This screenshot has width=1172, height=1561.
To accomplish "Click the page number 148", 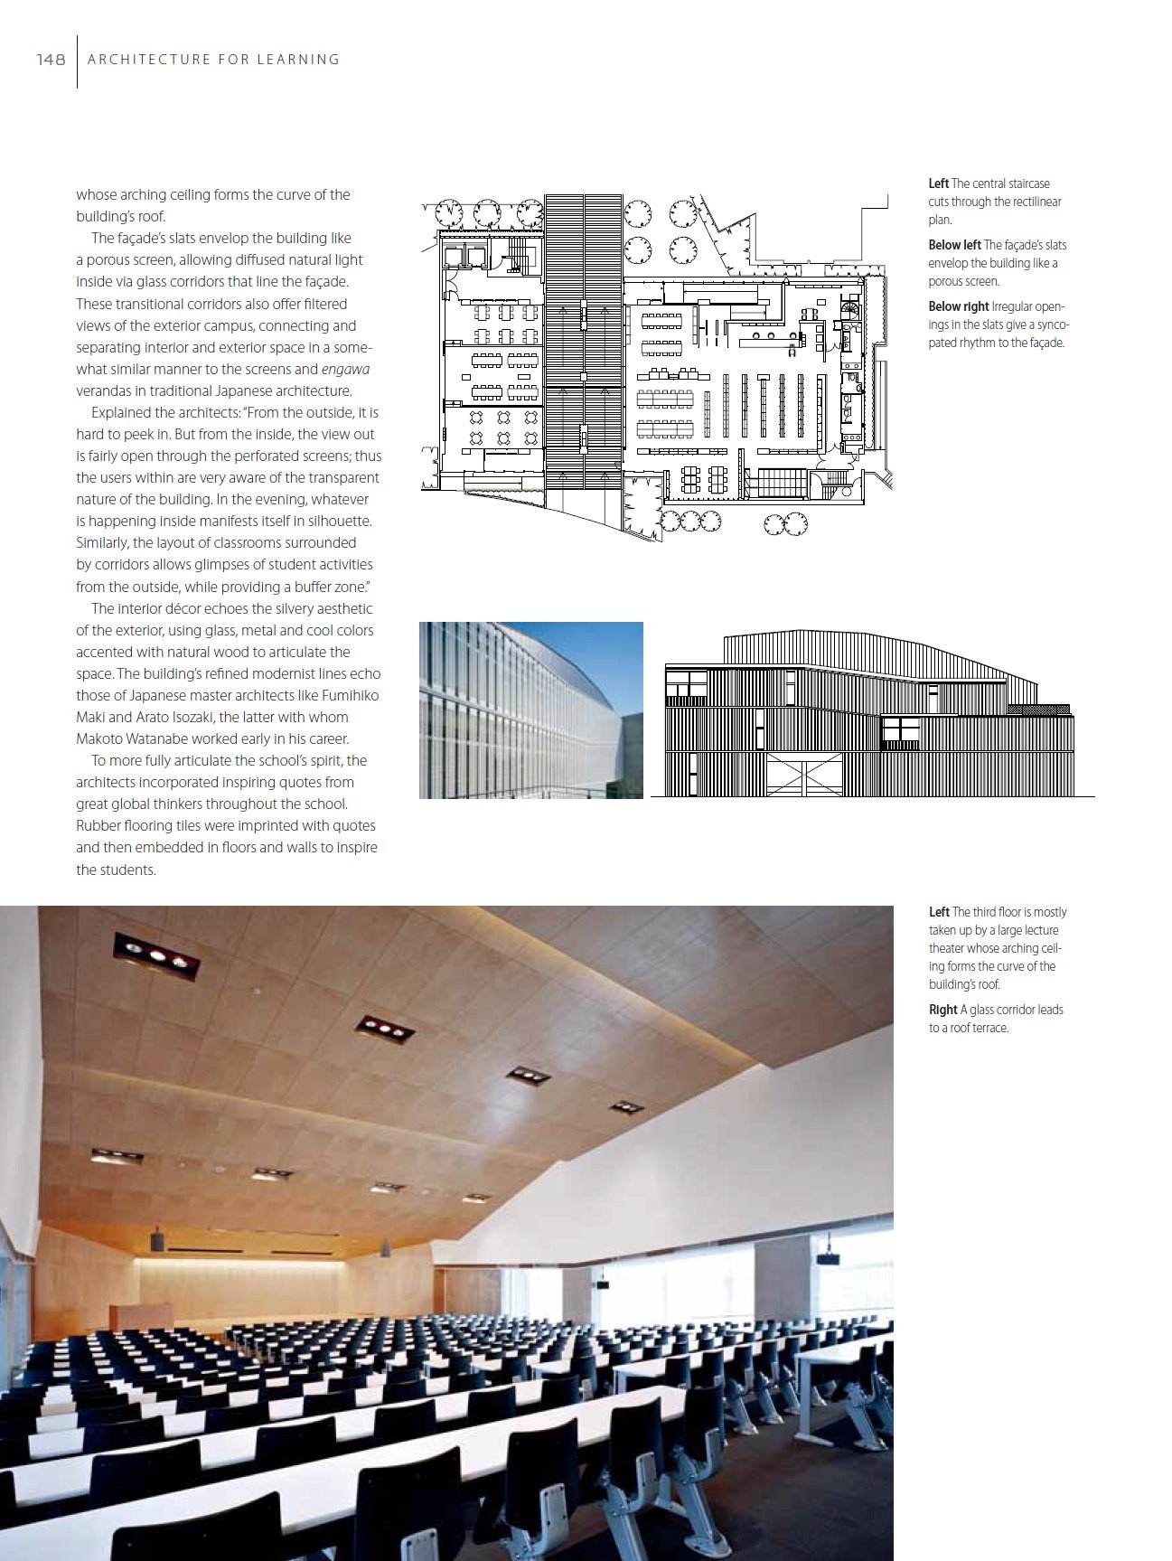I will click(51, 60).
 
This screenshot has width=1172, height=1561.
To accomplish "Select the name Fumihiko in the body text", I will click(348, 696).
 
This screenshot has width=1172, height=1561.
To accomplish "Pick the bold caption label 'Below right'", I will click(958, 306).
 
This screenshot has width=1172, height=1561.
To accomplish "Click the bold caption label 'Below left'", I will click(953, 245).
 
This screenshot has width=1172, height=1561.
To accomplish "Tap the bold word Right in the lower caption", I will click(942, 1010).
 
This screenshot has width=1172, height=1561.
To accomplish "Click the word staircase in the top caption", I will click(1027, 183).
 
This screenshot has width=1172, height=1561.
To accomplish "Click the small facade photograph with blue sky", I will click(530, 710).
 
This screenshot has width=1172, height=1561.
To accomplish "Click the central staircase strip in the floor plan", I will click(583, 343).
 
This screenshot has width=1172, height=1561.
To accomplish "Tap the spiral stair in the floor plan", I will click(851, 310).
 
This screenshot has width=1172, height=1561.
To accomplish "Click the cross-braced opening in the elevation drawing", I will click(804, 776).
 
